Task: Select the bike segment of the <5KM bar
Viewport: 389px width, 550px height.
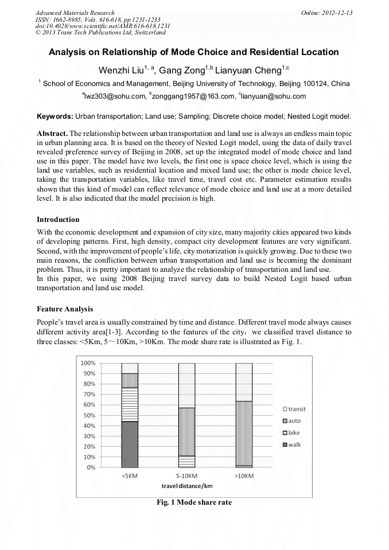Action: [x=130, y=404]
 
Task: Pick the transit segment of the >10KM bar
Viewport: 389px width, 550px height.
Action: [x=244, y=381]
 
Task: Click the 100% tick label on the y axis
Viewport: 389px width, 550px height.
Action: [x=87, y=363]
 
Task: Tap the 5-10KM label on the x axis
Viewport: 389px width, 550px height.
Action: [x=186, y=476]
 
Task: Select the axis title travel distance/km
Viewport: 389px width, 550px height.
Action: [x=186, y=486]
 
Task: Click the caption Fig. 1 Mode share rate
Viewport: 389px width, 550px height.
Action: [x=194, y=502]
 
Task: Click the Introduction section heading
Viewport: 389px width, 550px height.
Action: [x=58, y=220]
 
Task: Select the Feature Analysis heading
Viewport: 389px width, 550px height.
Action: [x=64, y=309]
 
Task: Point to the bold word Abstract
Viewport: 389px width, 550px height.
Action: [x=52, y=132]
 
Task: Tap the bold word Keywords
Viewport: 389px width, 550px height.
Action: [x=55, y=116]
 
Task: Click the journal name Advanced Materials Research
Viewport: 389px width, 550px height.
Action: [x=75, y=13]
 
